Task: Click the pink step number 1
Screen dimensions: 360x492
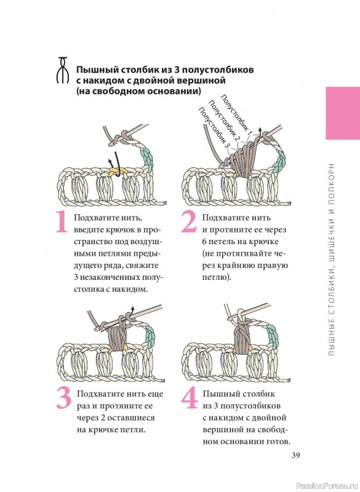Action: click(x=62, y=222)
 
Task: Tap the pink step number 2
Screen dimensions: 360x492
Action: click(x=190, y=222)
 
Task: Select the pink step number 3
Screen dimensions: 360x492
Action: click(x=64, y=398)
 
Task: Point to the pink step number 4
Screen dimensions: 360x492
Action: click(x=190, y=398)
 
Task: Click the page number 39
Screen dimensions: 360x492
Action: click(x=296, y=455)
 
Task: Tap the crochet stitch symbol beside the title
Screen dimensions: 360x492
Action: click(x=63, y=70)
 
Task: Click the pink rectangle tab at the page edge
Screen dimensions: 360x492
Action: click(x=343, y=113)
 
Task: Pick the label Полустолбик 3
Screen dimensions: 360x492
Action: click(x=214, y=128)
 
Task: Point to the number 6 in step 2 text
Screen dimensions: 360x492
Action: click(x=204, y=242)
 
